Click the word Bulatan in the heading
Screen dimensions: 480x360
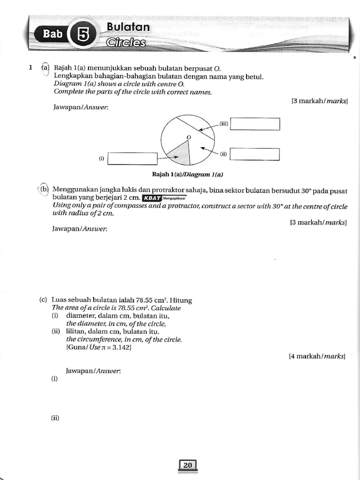[x=128, y=27]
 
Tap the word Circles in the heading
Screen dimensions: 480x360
[x=126, y=43]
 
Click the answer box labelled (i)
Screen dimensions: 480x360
[x=132, y=158]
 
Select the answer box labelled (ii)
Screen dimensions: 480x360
[x=255, y=154]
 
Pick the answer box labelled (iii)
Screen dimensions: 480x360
[x=255, y=124]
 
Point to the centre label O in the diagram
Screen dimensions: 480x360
[x=189, y=137]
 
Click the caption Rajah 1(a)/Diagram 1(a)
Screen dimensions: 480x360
[x=187, y=174]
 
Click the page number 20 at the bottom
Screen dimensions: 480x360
[x=188, y=465]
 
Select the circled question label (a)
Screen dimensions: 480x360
[x=45, y=68]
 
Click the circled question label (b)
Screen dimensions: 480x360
[x=45, y=189]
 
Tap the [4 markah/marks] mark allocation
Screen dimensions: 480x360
[x=317, y=356]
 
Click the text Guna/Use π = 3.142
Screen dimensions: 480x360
[x=98, y=347]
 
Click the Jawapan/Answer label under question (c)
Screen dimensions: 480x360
[x=93, y=370]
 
